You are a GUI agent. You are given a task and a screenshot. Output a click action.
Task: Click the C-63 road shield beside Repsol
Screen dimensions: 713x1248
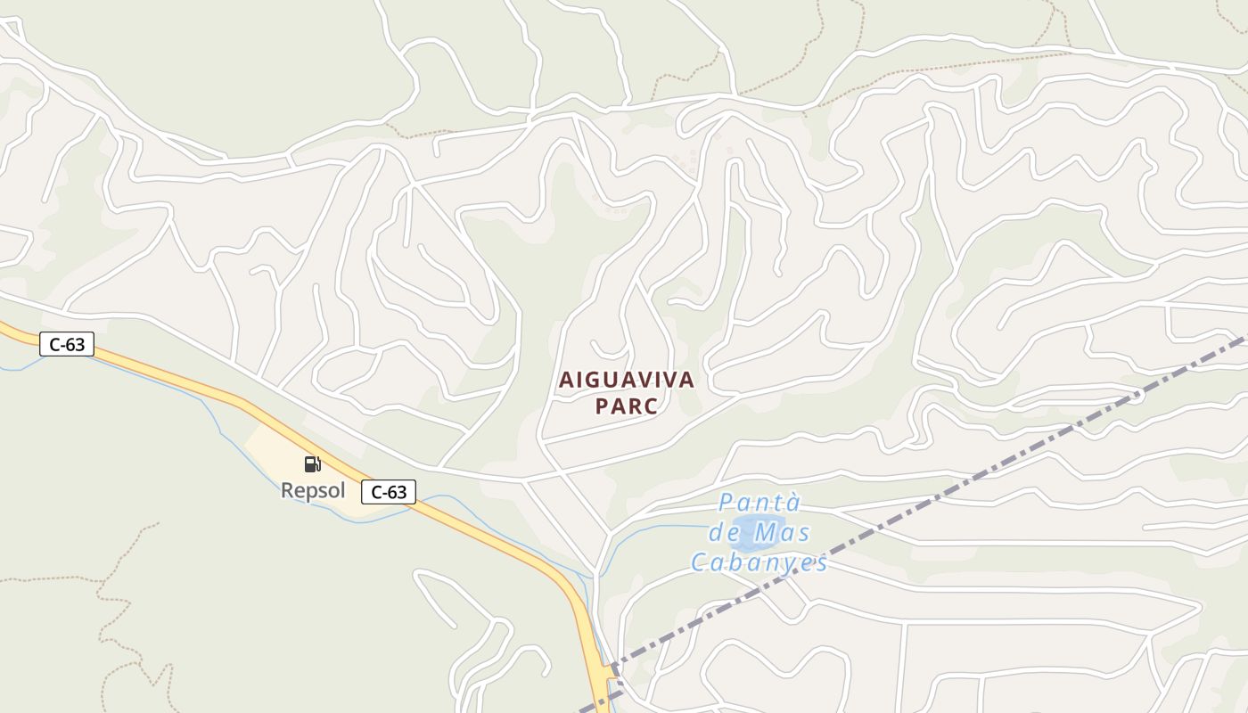pos(389,491)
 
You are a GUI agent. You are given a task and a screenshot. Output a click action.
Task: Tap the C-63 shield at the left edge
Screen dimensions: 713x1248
pos(67,344)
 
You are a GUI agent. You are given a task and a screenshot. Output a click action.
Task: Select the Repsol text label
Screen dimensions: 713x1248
pos(313,490)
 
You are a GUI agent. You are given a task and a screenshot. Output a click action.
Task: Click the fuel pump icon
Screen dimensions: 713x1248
pos(312,463)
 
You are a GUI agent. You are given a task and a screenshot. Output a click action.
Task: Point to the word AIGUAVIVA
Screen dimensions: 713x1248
pos(626,380)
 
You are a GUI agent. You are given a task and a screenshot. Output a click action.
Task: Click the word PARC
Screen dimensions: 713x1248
pos(626,406)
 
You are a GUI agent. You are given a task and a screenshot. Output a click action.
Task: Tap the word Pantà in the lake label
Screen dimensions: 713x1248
pos(759,503)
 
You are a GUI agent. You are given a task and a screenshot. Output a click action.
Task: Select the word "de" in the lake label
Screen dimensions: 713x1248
pos(723,533)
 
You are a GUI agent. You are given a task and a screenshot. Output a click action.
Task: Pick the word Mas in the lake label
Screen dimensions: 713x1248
pos(782,533)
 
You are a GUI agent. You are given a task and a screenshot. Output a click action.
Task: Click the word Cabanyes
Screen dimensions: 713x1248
pos(759,563)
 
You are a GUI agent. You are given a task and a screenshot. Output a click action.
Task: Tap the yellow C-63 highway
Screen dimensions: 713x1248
pos(499,535)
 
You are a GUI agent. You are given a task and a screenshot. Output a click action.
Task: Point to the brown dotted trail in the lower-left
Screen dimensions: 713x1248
pos(107,606)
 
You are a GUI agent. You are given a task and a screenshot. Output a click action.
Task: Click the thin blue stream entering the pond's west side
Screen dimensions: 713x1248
pos(677,527)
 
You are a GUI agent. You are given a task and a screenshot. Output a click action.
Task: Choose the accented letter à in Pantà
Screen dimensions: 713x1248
pos(794,503)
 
